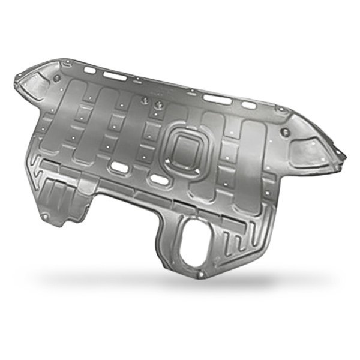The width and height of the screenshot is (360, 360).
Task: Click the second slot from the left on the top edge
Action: click(114, 75)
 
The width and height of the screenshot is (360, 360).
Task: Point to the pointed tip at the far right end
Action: click(345, 157)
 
